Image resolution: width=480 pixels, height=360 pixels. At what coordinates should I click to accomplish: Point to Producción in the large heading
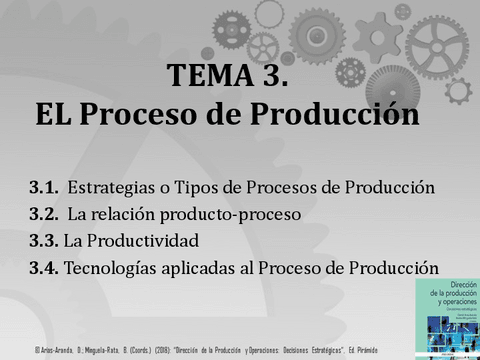pos(331,115)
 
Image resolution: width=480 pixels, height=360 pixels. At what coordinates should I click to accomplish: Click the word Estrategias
pos(110,187)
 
